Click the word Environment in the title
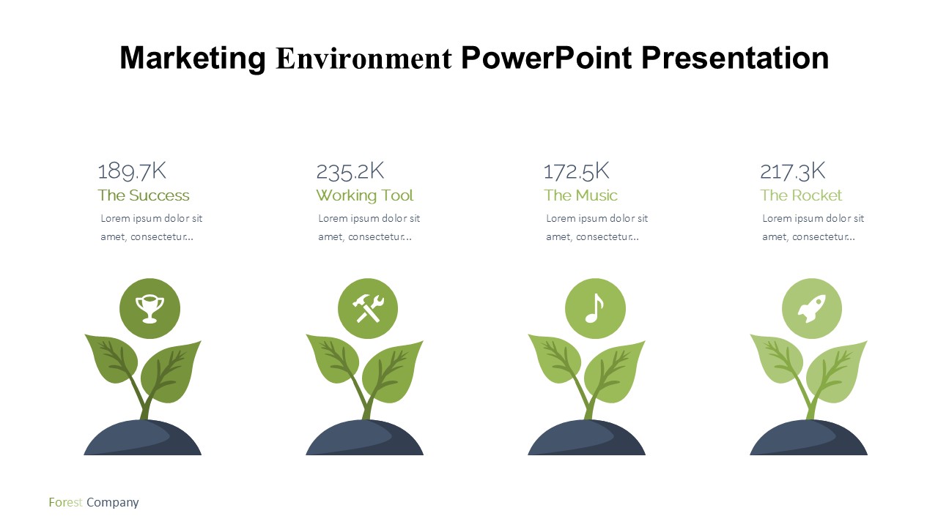(364, 58)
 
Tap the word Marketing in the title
(193, 59)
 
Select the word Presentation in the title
(735, 58)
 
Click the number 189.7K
(132, 171)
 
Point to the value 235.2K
(350, 171)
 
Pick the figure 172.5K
(576, 171)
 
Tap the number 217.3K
(792, 171)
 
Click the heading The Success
(144, 195)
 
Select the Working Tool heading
(365, 195)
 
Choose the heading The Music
(580, 195)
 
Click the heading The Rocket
(801, 195)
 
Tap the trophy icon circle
(150, 309)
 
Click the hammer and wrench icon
(368, 309)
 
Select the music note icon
(595, 309)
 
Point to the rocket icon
(811, 309)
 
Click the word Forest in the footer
(65, 502)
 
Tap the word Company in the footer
(113, 503)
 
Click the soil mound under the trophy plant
(142, 438)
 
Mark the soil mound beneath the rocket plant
(808, 438)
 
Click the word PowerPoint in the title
(547, 58)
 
